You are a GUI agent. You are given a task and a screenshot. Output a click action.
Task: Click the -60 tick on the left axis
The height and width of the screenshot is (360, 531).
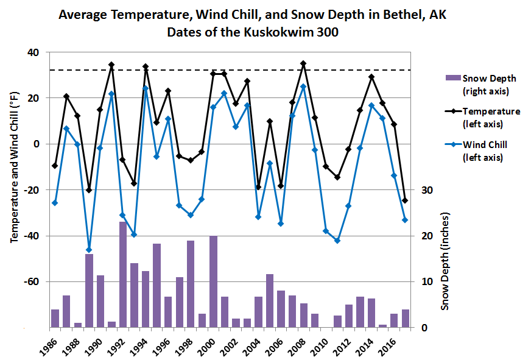click(30, 282)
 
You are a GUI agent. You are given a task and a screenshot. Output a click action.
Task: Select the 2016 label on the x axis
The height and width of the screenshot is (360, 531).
click(390, 342)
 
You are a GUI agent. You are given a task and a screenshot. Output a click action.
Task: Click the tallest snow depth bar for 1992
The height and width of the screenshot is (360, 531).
click(122, 275)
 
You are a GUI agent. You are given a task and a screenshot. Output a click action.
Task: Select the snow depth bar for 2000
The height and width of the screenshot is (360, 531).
click(213, 282)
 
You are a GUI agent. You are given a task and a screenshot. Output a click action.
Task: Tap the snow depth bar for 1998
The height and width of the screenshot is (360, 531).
click(191, 284)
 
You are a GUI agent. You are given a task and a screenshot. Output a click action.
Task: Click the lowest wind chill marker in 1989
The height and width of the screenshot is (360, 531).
click(89, 250)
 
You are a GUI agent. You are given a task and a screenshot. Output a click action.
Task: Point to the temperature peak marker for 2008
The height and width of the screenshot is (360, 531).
click(303, 63)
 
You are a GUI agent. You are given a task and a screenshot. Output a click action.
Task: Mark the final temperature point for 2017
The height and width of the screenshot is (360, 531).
click(405, 200)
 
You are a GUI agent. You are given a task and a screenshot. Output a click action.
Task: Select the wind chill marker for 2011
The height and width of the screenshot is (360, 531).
click(337, 241)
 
